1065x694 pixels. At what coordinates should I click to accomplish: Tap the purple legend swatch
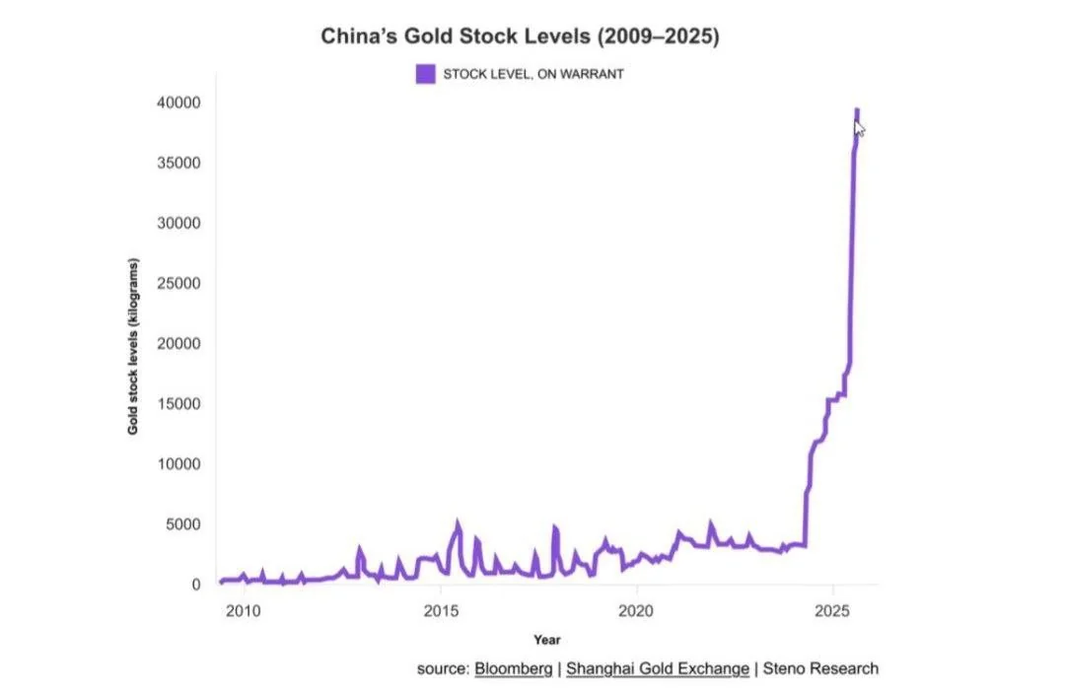(x=425, y=73)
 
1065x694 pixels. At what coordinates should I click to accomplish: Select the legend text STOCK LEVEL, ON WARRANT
(x=532, y=74)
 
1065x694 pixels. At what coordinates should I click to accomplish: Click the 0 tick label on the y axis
(x=195, y=585)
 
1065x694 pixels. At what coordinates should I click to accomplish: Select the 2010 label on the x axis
(x=244, y=609)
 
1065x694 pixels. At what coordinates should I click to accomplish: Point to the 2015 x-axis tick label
(x=441, y=609)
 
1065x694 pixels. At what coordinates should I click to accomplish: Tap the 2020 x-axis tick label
(x=637, y=609)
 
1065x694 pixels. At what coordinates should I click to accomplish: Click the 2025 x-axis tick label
(x=833, y=609)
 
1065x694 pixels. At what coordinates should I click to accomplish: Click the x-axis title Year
(x=547, y=640)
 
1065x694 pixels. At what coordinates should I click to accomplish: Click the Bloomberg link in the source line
(x=513, y=668)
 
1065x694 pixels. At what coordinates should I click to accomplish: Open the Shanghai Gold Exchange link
(x=658, y=668)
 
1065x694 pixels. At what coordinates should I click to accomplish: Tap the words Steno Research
(x=820, y=668)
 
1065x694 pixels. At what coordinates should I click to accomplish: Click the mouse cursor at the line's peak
(x=860, y=128)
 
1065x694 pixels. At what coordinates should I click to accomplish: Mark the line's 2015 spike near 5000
(x=457, y=524)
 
